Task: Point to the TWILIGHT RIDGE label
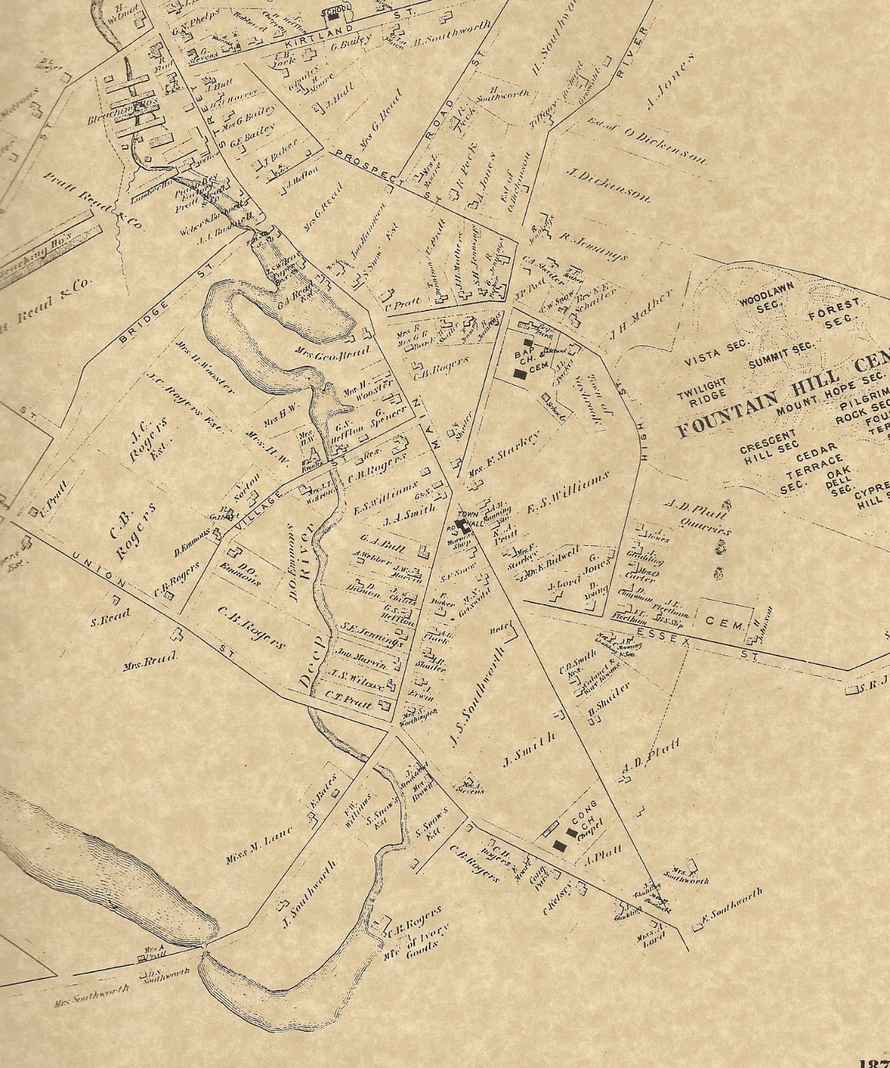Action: (x=701, y=390)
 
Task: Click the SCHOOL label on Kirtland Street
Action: (x=331, y=12)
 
